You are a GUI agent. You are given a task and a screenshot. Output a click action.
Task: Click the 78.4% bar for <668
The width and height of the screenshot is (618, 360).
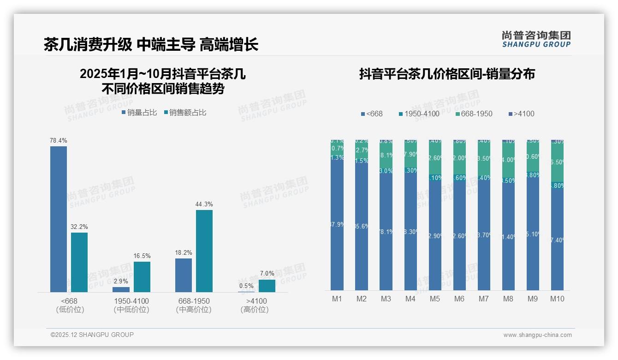point(59,219)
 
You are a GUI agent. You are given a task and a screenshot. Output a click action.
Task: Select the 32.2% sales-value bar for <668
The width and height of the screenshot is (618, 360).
point(79,262)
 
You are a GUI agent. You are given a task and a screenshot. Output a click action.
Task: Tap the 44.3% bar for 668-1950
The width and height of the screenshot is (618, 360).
point(204,251)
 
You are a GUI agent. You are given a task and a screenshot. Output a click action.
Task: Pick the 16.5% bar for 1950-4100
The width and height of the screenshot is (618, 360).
point(142,277)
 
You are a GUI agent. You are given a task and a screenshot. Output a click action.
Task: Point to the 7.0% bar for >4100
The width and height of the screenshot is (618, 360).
point(267,286)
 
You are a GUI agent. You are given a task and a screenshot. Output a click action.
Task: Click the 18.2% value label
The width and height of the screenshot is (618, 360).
point(184,253)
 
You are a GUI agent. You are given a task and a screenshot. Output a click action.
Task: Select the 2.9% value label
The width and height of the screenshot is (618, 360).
point(121,282)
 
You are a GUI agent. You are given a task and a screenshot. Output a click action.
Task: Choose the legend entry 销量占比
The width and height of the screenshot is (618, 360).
point(139,112)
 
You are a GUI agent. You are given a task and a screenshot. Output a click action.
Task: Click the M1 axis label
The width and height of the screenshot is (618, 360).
point(337,299)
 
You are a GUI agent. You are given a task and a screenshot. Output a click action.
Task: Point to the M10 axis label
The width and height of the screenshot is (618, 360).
point(557,299)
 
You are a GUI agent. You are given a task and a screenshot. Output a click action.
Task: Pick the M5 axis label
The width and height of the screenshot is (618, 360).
point(435,299)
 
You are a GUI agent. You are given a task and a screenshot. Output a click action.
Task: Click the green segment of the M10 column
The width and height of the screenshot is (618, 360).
point(557,162)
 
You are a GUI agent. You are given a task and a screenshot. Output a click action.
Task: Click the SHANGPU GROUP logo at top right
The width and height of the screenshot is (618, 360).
point(536,39)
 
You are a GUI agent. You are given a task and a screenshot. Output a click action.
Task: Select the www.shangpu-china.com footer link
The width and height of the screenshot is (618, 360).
point(537,335)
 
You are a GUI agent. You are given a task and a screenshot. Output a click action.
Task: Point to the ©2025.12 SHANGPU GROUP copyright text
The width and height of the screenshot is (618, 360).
point(92,335)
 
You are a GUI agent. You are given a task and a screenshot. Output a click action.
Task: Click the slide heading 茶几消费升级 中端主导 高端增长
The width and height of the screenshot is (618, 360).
point(151,44)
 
